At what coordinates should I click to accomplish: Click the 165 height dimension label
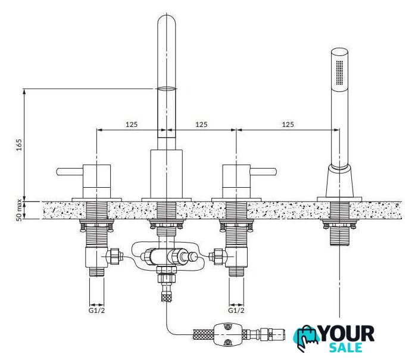(19, 144)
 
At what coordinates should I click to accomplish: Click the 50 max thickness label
(19, 210)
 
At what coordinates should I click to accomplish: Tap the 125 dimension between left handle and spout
(132, 124)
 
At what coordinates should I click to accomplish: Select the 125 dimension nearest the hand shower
(288, 124)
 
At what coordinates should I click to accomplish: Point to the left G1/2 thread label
(96, 310)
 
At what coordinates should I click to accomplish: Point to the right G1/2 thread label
(236, 310)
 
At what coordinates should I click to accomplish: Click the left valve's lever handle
(70, 172)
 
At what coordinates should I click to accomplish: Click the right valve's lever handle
(264, 172)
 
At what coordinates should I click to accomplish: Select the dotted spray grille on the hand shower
(339, 73)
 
